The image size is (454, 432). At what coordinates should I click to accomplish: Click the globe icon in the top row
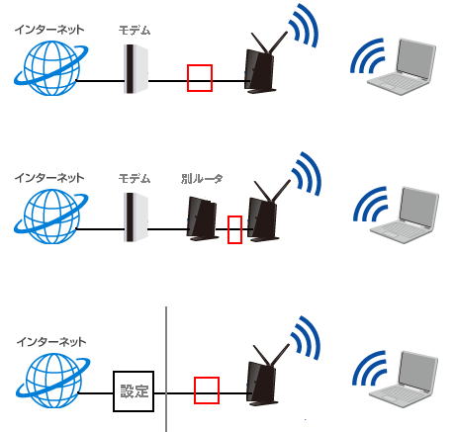click(x=50, y=68)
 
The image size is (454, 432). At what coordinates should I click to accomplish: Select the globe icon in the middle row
click(x=50, y=216)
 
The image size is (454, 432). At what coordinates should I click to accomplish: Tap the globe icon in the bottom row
click(x=52, y=381)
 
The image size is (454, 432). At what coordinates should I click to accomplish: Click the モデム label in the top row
click(x=135, y=31)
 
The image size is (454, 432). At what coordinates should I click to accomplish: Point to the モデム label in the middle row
click(x=135, y=179)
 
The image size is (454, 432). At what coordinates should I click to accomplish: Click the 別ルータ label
click(x=202, y=179)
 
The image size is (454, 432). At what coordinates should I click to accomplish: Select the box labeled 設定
click(x=134, y=391)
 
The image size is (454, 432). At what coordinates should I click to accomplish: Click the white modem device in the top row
click(x=136, y=69)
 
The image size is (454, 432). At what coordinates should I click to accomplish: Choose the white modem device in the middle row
click(x=136, y=217)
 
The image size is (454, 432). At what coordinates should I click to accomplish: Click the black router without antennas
click(x=202, y=218)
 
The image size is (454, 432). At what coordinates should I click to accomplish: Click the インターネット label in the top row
click(x=49, y=30)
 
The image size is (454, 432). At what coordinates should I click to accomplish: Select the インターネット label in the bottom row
click(x=51, y=342)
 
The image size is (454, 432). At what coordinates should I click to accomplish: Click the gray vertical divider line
click(x=166, y=369)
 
